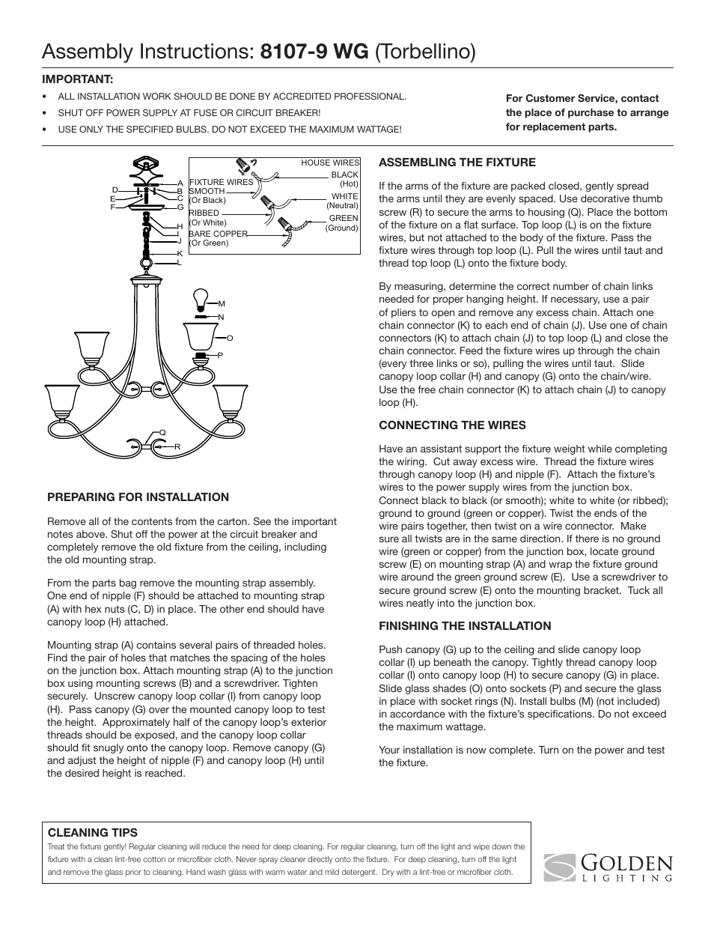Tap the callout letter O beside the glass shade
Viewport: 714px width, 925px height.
pos(230,339)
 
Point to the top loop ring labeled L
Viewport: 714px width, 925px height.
pos(144,264)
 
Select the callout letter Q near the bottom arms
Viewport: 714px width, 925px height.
pos(162,433)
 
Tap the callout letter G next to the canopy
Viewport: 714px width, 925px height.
pos(180,207)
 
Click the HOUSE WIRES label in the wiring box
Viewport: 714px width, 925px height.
pos(330,163)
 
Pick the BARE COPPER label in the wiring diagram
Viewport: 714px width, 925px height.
pos(218,234)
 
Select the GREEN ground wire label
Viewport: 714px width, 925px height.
pos(344,219)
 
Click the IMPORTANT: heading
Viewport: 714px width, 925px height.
pos(77,79)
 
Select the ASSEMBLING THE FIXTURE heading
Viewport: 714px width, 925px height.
pos(457,162)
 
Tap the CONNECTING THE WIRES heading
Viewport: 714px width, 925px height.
pos(452,425)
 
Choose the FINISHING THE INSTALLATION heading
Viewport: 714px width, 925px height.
pos(465,625)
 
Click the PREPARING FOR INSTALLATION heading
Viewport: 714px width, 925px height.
pos(138,497)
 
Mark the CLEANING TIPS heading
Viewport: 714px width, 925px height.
pos(93,832)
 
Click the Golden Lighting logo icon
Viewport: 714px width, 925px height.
pos(560,868)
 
